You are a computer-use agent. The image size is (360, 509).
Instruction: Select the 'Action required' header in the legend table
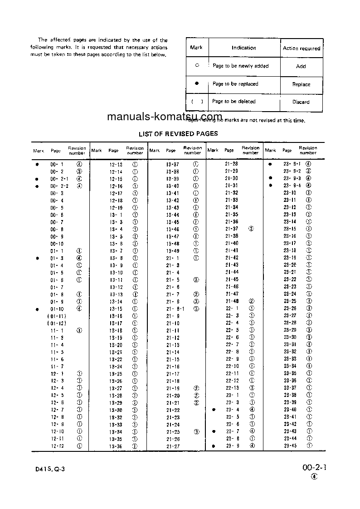301,48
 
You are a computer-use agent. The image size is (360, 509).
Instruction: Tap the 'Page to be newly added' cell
240,66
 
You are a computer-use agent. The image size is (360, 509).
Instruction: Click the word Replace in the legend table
301,84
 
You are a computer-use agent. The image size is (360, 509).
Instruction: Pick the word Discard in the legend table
301,102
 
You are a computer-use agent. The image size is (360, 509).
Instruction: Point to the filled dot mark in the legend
197,83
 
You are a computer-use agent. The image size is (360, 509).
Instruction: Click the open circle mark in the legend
197,66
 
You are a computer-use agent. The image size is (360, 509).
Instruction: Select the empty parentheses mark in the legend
197,102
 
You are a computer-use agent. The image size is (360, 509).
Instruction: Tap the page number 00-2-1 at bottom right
314,468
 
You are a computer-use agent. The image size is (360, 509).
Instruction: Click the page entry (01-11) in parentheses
57,316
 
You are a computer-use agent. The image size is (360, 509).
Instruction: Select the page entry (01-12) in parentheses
57,323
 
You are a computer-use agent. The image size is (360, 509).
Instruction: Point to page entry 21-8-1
173,308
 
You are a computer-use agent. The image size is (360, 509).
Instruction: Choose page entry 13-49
173,251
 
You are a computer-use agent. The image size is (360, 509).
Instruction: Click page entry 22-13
232,388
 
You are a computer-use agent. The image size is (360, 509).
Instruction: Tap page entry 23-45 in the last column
290,445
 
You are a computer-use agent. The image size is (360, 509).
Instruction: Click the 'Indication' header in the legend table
243,48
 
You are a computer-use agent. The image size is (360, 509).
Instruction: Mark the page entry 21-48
232,301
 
